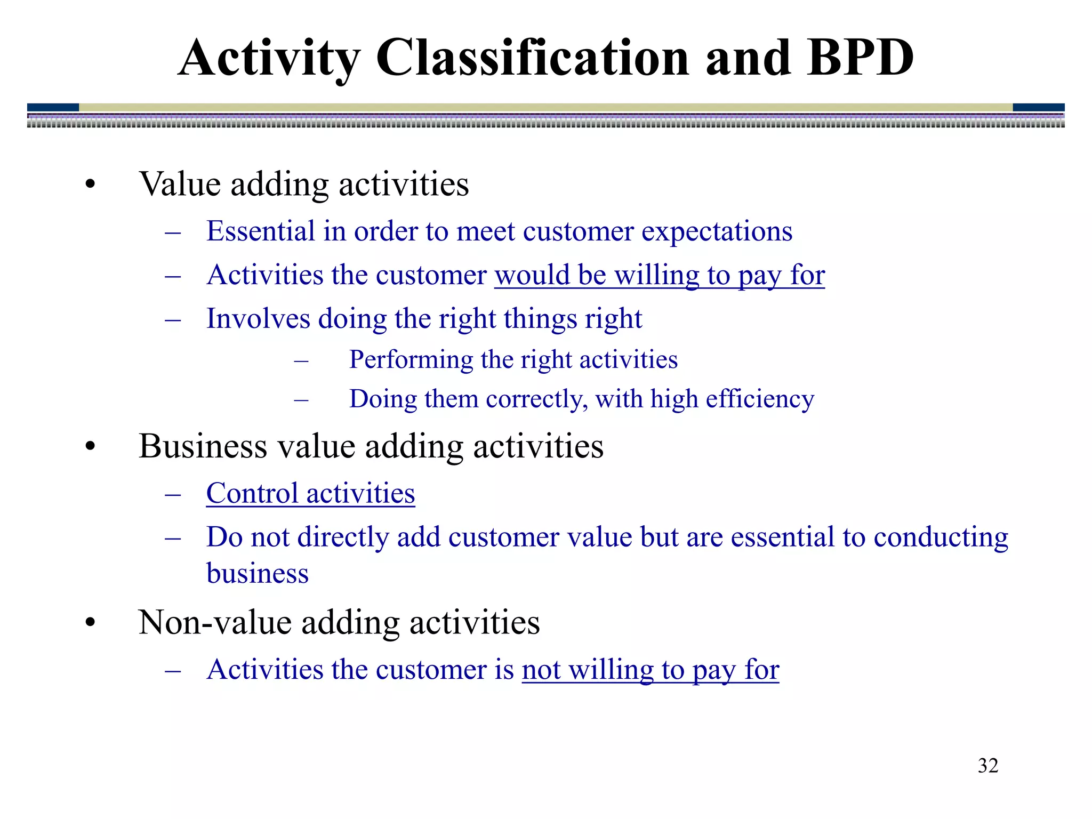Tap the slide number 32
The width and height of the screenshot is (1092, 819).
pyautogui.click(x=987, y=766)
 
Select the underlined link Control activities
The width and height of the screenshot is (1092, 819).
pyautogui.click(x=310, y=493)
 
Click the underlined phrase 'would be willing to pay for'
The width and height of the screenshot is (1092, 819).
pyautogui.click(x=659, y=276)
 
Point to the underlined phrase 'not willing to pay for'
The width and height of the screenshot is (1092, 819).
pyautogui.click(x=650, y=670)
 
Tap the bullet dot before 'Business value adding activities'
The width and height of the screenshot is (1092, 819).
pyautogui.click(x=90, y=447)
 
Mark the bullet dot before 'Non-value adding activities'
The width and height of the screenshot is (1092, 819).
pyautogui.click(x=90, y=623)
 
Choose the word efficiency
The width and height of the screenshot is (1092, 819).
pyautogui.click(x=759, y=399)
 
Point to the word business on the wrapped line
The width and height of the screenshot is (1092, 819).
pyautogui.click(x=258, y=574)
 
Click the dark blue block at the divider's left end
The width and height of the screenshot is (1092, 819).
pyautogui.click(x=53, y=107)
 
